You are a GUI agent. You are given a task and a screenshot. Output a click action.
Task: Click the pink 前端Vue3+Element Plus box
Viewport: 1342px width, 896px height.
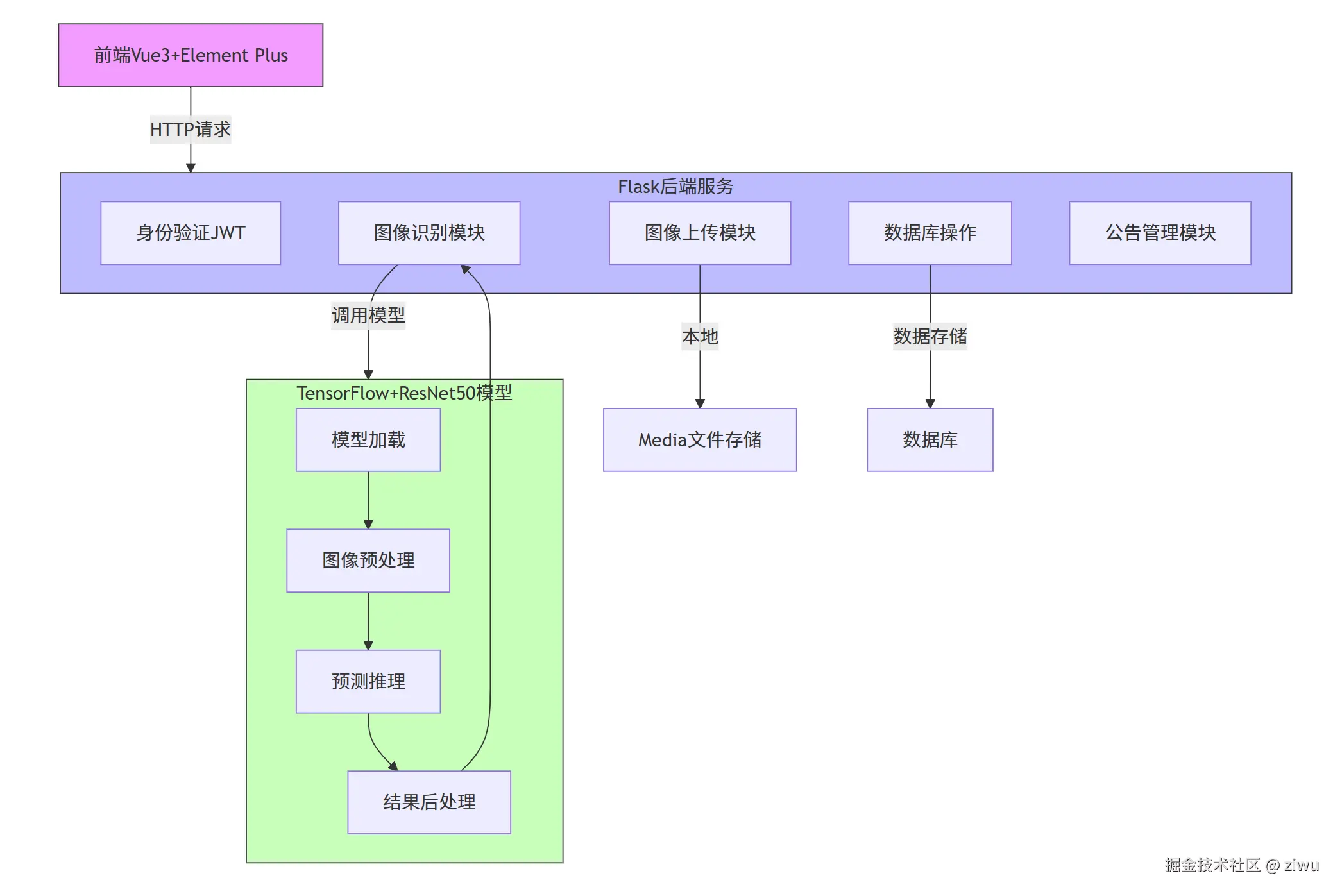point(191,55)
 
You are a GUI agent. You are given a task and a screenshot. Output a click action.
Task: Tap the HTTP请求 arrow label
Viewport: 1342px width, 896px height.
point(191,130)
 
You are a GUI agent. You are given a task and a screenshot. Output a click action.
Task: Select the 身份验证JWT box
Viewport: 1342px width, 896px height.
point(191,233)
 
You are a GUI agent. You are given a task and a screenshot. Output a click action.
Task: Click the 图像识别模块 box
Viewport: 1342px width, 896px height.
point(429,233)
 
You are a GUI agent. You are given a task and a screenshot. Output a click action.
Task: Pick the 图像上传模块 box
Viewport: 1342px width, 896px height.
point(700,233)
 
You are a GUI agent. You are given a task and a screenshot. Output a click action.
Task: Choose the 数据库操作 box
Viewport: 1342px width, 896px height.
point(930,233)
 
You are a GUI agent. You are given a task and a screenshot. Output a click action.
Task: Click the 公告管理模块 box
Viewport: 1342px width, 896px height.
point(1160,233)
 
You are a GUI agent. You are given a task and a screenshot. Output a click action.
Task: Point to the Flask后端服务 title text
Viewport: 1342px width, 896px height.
point(675,187)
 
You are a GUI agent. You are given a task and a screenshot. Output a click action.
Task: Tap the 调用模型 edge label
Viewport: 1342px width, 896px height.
point(368,316)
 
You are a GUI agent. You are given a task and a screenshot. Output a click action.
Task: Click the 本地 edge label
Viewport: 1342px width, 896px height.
point(700,337)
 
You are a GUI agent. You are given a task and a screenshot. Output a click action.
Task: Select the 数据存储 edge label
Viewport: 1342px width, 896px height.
point(930,337)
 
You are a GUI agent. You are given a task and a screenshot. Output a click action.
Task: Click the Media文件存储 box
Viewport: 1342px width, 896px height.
point(700,440)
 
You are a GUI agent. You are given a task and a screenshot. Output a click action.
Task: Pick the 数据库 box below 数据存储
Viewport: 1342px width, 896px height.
point(930,440)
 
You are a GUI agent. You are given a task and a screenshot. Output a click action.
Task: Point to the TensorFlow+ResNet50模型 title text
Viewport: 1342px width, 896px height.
point(404,393)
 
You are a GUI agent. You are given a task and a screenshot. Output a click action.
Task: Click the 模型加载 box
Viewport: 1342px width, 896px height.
point(368,440)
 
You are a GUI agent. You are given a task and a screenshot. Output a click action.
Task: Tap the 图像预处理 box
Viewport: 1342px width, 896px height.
point(368,561)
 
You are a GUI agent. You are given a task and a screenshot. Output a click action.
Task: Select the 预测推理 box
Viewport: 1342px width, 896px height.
point(368,681)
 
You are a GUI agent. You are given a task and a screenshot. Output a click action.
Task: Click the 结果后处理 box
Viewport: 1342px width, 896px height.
point(429,802)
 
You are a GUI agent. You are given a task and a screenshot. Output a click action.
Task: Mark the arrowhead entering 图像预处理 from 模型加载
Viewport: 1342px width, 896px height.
point(368,525)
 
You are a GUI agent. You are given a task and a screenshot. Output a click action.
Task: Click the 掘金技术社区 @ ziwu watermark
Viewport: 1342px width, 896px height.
point(1241,865)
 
